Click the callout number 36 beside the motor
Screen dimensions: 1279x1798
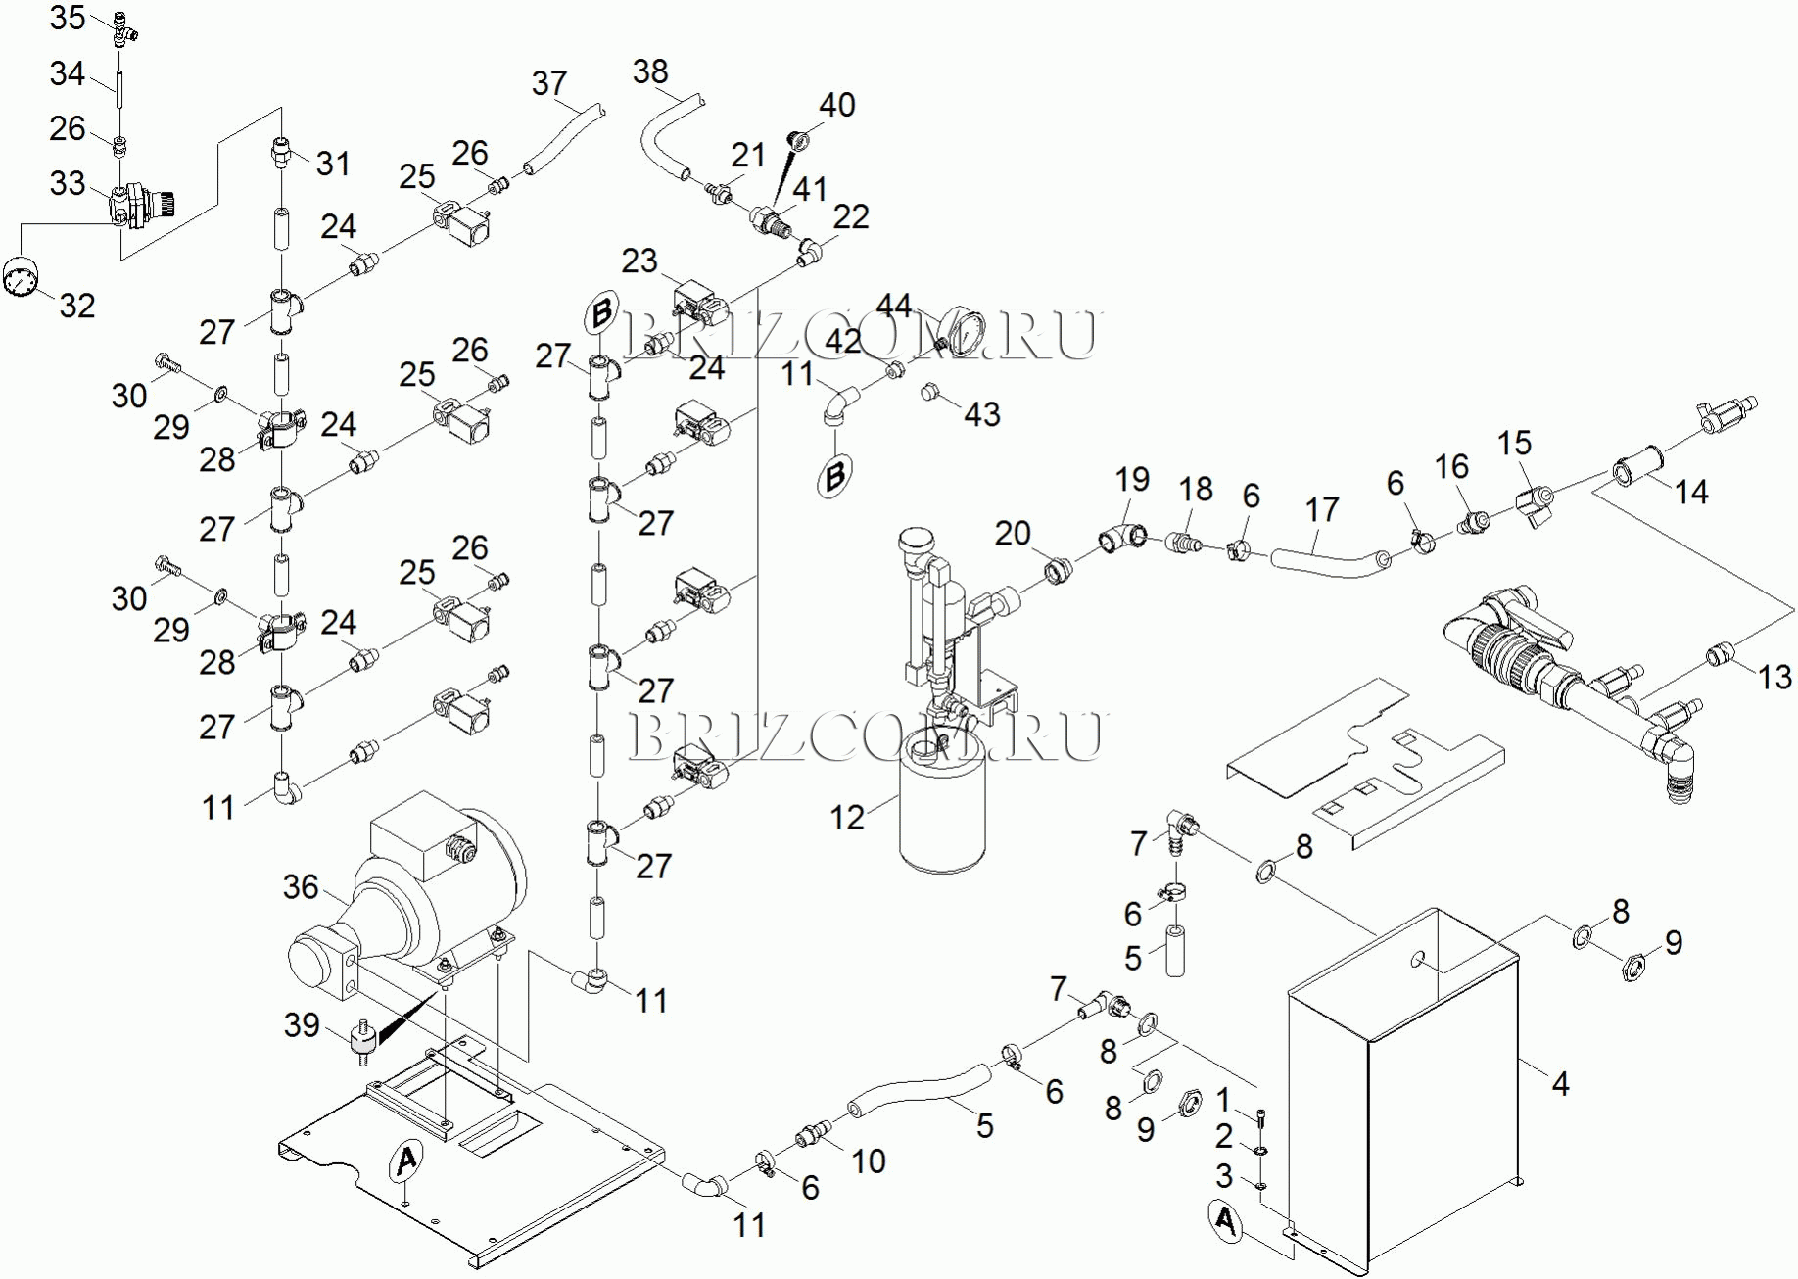click(x=301, y=887)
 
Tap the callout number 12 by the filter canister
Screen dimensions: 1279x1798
click(x=847, y=818)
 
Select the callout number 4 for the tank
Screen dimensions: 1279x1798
click(x=1560, y=1084)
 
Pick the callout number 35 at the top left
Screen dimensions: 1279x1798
click(x=68, y=18)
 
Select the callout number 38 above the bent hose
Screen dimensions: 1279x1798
click(x=650, y=71)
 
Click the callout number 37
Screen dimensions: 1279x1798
click(x=549, y=83)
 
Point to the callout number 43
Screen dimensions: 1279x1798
click(x=982, y=414)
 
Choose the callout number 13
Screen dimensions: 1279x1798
click(x=1774, y=677)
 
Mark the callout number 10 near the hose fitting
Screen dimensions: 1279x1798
click(x=869, y=1161)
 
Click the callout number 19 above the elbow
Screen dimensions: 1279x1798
click(x=1132, y=480)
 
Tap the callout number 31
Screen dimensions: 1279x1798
click(x=333, y=164)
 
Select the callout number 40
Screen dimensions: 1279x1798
click(x=837, y=105)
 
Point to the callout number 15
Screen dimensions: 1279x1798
click(x=1514, y=443)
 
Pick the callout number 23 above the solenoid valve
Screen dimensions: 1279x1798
click(x=639, y=261)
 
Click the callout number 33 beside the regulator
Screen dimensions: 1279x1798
click(x=68, y=183)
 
